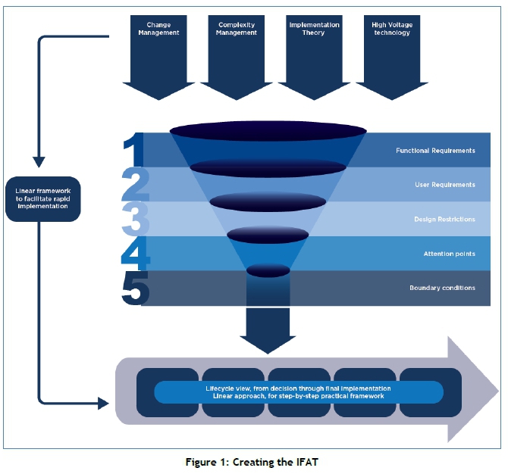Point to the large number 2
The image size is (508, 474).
point(136,185)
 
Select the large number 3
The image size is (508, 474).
point(136,220)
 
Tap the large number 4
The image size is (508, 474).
point(136,254)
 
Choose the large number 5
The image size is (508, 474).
point(136,288)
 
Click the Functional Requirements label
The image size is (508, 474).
point(435,151)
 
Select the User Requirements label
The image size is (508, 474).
point(445,185)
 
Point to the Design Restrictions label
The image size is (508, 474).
point(444,220)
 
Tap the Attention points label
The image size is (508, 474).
point(449,254)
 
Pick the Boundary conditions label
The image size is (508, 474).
point(442,288)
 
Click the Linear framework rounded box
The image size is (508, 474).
point(43,199)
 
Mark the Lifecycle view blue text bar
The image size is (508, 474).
point(298,391)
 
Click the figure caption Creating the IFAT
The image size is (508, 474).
point(253,461)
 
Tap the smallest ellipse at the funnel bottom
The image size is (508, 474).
point(268,270)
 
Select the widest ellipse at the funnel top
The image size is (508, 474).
point(268,133)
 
